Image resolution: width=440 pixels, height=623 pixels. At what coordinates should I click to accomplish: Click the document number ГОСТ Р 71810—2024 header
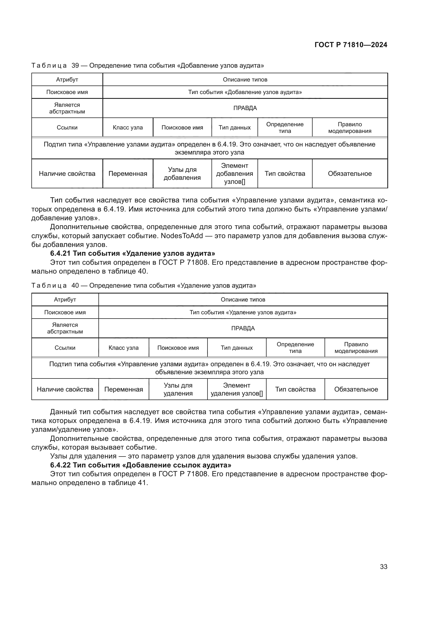coord(351,45)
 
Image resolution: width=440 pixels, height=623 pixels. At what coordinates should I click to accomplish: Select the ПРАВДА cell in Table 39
coord(245,108)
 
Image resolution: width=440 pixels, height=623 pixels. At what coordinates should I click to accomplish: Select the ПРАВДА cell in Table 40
coord(243,328)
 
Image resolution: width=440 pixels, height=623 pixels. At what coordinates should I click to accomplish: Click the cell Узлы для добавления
coord(182,174)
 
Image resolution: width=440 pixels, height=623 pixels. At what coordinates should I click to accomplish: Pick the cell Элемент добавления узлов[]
coord(234,174)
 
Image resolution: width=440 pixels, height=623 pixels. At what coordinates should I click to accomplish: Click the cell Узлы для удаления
coord(178,389)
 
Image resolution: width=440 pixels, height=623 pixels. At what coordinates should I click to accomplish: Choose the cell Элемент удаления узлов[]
coord(236,389)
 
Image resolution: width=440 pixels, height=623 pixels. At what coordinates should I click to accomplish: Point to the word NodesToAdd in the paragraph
coord(182,235)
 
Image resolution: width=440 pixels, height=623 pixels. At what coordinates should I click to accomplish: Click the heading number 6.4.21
coord(60,253)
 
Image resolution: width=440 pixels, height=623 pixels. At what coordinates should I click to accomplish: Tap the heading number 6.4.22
coord(60,465)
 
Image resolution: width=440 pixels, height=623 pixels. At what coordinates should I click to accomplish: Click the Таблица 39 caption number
coord(75,66)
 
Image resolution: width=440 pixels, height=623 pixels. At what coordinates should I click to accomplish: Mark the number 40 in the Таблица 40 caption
coord(75,286)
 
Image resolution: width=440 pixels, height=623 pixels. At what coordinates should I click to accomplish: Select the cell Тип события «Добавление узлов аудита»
coord(245,92)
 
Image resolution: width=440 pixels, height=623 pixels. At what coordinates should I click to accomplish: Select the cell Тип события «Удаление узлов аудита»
coord(243,312)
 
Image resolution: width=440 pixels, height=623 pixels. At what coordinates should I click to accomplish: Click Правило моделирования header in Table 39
coord(350,128)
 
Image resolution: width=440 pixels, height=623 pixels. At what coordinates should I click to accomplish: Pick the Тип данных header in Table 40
coord(236,348)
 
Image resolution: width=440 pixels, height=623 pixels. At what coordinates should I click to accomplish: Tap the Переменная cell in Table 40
coord(123,389)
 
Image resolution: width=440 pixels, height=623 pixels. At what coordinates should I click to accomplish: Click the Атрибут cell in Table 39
coord(67,79)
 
